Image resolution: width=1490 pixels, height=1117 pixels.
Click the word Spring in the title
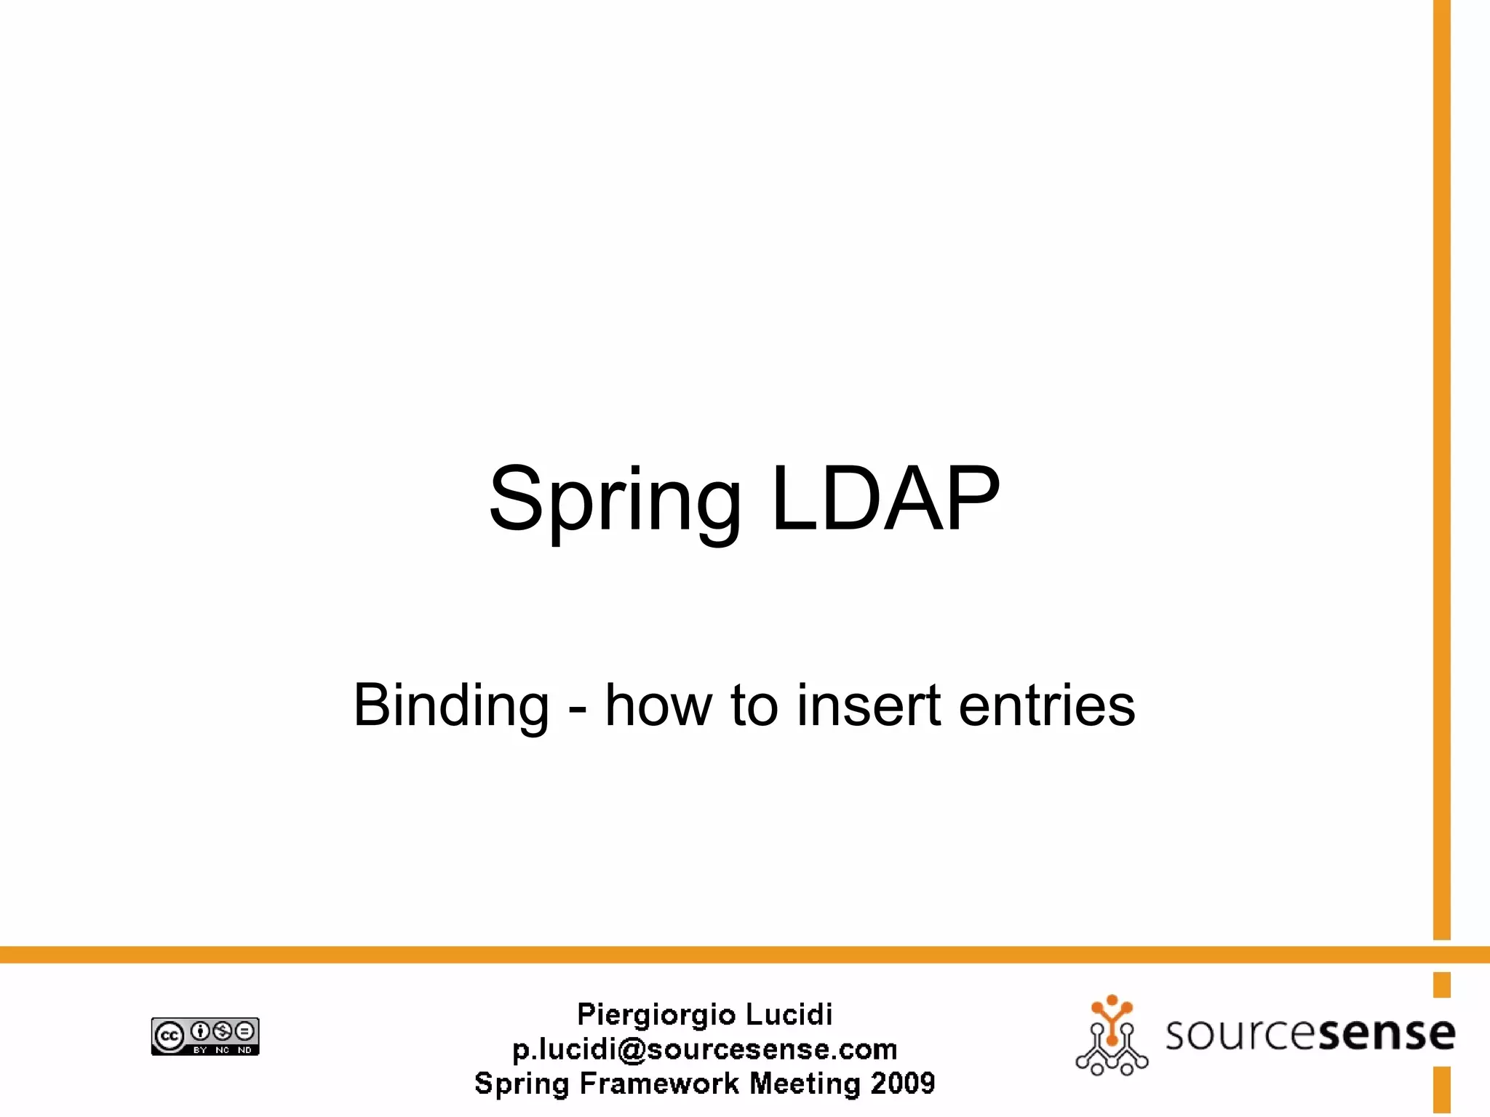coord(615,502)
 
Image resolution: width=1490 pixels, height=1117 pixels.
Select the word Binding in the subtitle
coord(451,705)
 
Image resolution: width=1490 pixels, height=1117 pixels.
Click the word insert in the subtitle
coord(869,705)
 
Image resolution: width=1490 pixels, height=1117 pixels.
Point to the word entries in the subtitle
coord(1047,705)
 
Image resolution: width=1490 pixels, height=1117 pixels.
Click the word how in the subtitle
coord(658,705)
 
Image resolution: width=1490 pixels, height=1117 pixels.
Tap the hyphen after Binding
coord(578,708)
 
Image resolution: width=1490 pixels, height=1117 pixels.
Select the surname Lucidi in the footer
coord(789,1014)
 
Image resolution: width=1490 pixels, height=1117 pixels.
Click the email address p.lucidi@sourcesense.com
coord(704,1049)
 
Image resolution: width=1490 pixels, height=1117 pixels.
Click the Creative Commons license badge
coord(205,1036)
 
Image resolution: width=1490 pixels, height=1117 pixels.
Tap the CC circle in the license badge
coord(169,1036)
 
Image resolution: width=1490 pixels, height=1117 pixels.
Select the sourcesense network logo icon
coord(1111,1036)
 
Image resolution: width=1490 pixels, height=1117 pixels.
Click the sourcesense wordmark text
coord(1310,1033)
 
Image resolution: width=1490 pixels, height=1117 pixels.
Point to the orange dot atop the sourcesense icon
coord(1112,1000)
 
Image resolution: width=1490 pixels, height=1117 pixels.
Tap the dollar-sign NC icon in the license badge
coord(223,1030)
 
